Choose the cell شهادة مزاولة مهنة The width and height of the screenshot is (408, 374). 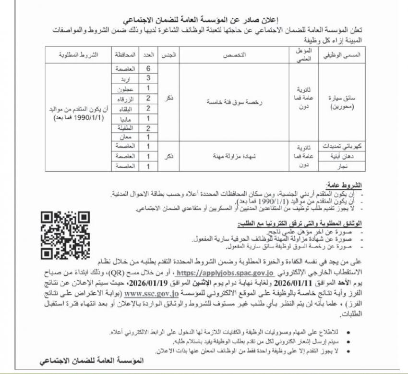[x=231, y=156]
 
